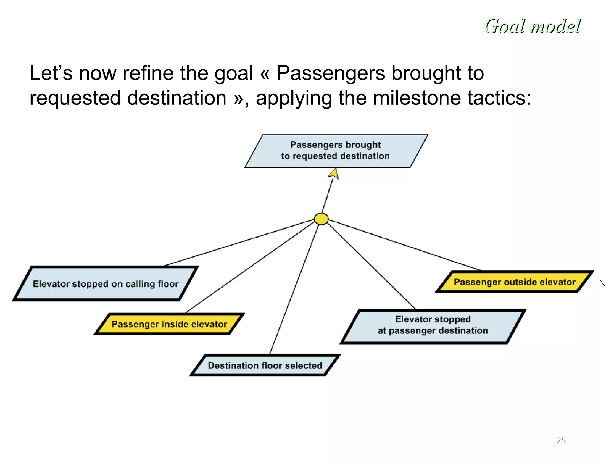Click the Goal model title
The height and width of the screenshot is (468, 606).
pos(533,26)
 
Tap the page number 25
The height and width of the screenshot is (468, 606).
pos(561,440)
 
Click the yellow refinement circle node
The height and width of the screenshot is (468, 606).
pos(321,219)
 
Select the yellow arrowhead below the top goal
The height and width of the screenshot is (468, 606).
pos(334,174)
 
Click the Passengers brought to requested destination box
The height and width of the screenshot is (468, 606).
pos(336,151)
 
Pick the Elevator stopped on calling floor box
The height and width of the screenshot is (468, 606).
pos(106,284)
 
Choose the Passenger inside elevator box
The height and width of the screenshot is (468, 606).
pos(169,324)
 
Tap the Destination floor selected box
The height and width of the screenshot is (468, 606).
pos(265,365)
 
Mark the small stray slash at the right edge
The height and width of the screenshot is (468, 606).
pos(602,283)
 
